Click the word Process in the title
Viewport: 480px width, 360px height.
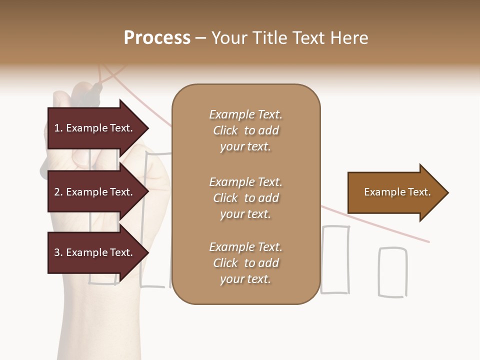[157, 38]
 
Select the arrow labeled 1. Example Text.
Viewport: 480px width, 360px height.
[98, 128]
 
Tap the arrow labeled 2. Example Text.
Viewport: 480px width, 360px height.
[98, 192]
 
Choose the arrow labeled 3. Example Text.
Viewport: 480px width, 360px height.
[98, 253]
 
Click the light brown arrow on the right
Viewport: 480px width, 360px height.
[397, 192]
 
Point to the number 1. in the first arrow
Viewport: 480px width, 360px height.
[58, 128]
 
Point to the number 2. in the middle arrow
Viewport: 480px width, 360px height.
[58, 192]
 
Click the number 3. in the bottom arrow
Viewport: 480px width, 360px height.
[58, 252]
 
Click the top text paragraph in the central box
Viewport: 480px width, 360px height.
[246, 130]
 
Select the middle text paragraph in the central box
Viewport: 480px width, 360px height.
[246, 198]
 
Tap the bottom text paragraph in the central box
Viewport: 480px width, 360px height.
[246, 263]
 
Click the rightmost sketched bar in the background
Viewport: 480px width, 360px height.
[392, 272]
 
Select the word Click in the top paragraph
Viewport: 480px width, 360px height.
[225, 130]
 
